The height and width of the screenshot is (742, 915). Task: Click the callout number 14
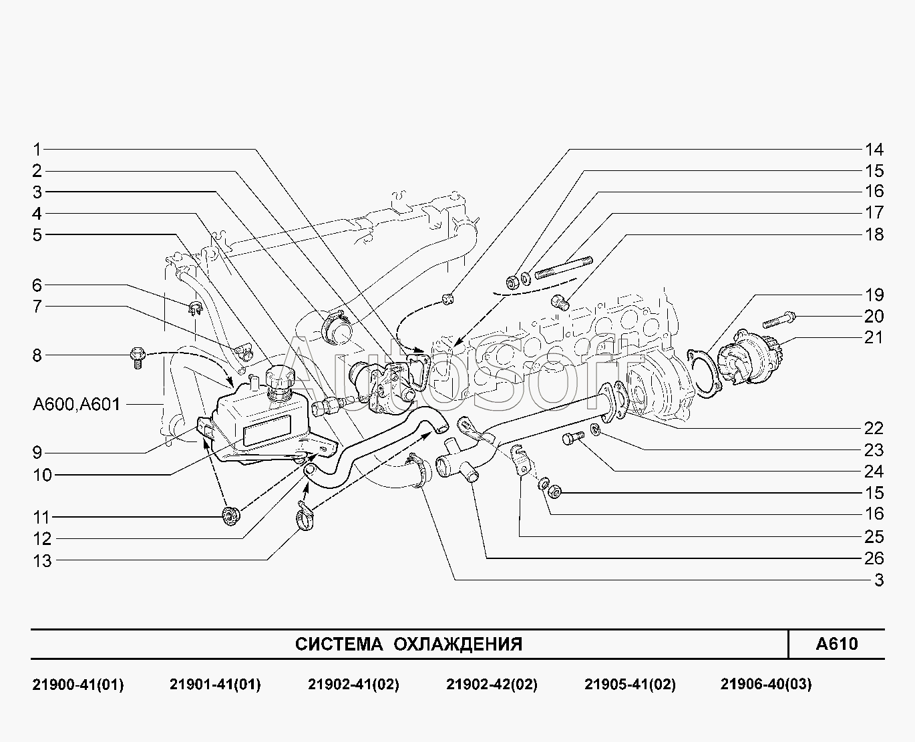(x=874, y=150)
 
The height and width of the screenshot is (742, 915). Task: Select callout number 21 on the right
(x=874, y=337)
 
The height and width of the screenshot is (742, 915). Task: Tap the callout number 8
(x=37, y=355)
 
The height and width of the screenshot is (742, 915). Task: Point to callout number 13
(x=42, y=561)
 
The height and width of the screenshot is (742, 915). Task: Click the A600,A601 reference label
(x=77, y=404)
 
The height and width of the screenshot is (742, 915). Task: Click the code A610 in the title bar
(x=836, y=644)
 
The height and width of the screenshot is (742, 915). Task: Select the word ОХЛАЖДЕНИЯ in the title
(x=458, y=644)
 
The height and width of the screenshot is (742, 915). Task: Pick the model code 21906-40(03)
(x=766, y=684)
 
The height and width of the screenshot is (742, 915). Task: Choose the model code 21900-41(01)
(x=77, y=684)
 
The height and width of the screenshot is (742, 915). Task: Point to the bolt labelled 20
(x=779, y=320)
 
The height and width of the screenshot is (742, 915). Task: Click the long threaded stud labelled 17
(x=564, y=268)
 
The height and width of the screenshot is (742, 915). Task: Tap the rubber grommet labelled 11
(x=230, y=516)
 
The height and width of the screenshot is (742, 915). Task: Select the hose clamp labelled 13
(x=305, y=516)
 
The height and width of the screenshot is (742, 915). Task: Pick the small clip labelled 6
(x=196, y=308)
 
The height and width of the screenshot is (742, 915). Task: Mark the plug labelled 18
(x=560, y=302)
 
